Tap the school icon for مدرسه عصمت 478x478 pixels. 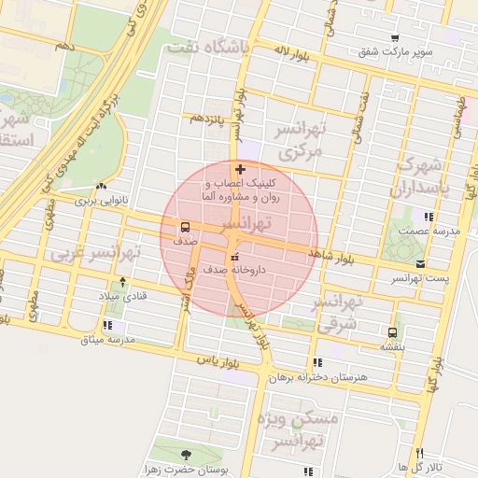(x=428, y=216)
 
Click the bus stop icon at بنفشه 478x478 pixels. (x=392, y=331)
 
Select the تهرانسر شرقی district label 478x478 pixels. (x=338, y=314)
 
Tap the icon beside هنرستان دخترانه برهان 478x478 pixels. (x=317, y=362)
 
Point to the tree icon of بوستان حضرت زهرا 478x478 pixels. (x=185, y=454)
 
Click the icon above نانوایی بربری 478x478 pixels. (x=100, y=186)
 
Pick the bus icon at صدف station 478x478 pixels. (x=185, y=227)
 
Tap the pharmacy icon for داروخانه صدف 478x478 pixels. (x=233, y=257)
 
